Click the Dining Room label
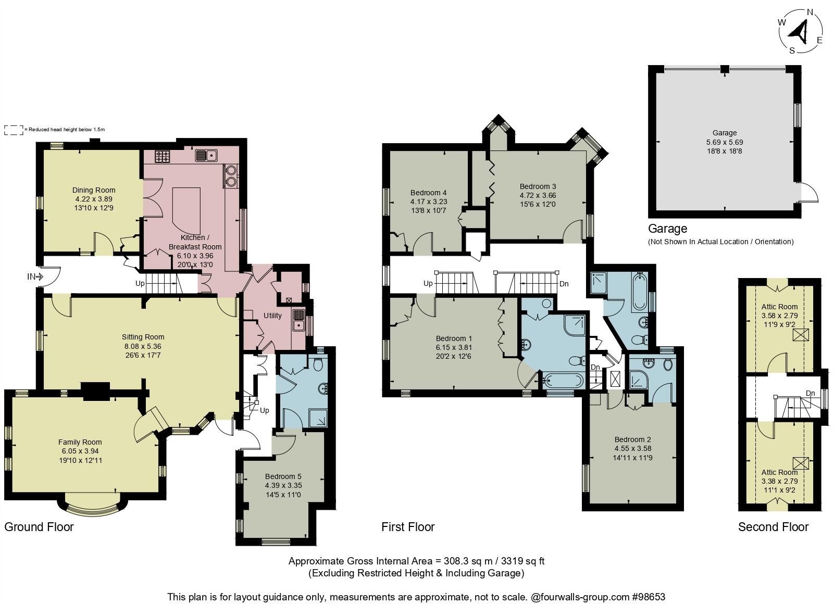click(x=94, y=190)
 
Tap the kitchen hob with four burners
click(x=162, y=155)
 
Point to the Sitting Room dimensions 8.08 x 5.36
click(x=143, y=346)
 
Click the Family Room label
click(x=80, y=442)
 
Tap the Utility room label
click(x=272, y=316)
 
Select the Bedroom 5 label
click(x=283, y=476)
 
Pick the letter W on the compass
click(x=782, y=22)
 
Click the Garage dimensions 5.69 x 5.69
click(x=725, y=142)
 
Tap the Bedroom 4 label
click(x=428, y=193)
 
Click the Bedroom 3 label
click(x=538, y=186)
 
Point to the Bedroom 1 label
click(x=454, y=338)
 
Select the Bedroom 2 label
click(x=632, y=439)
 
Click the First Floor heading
click(x=408, y=527)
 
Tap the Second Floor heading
click(x=773, y=527)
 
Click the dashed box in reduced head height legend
click(x=14, y=130)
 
